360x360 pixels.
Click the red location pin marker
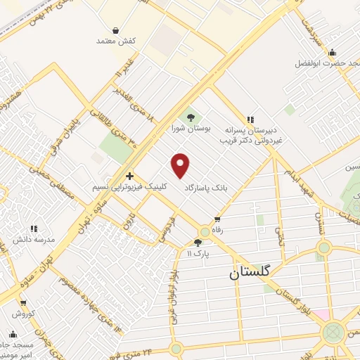pyautogui.click(x=181, y=165)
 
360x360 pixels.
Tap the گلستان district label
pyautogui.click(x=253, y=276)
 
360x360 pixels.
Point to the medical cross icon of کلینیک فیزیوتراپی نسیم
pyautogui.click(x=129, y=176)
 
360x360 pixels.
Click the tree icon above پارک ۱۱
pyautogui.click(x=198, y=242)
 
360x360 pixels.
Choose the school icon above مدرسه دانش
pyautogui.click(x=33, y=229)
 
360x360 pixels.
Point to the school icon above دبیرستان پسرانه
pyautogui.click(x=250, y=120)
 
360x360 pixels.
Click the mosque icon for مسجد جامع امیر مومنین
pyautogui.click(x=13, y=335)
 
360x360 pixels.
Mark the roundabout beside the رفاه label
pyautogui.click(x=205, y=231)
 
